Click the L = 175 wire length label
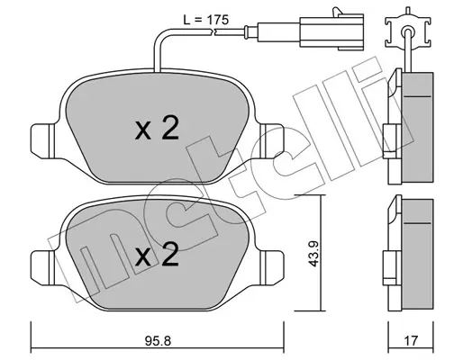pos(206,20)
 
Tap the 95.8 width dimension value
pos(158,340)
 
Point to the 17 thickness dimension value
pos(411,340)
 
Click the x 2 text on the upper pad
pos(157,130)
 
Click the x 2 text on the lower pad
pos(157,256)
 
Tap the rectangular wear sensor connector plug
pos(331,31)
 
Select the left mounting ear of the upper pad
pos(42,140)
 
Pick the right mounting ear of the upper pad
pos(272,140)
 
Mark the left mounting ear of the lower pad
pos(42,267)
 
